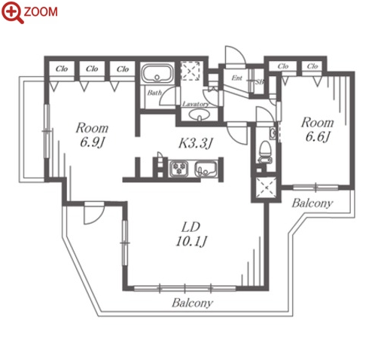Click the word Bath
pos(154,93)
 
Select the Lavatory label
pos(196,104)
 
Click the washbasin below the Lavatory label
pos(200,115)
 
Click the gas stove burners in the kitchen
pos(178,169)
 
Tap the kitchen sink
pos(206,169)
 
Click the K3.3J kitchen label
pos(196,143)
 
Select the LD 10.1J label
pos(191,234)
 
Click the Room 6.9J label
pos(92,135)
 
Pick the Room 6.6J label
pos(318,130)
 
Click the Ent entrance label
pos(236,78)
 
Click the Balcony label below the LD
pos(192,303)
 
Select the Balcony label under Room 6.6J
pos(312,203)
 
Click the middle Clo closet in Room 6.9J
pos(92,69)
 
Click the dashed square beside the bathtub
pos(191,71)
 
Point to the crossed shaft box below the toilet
pos(267,188)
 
